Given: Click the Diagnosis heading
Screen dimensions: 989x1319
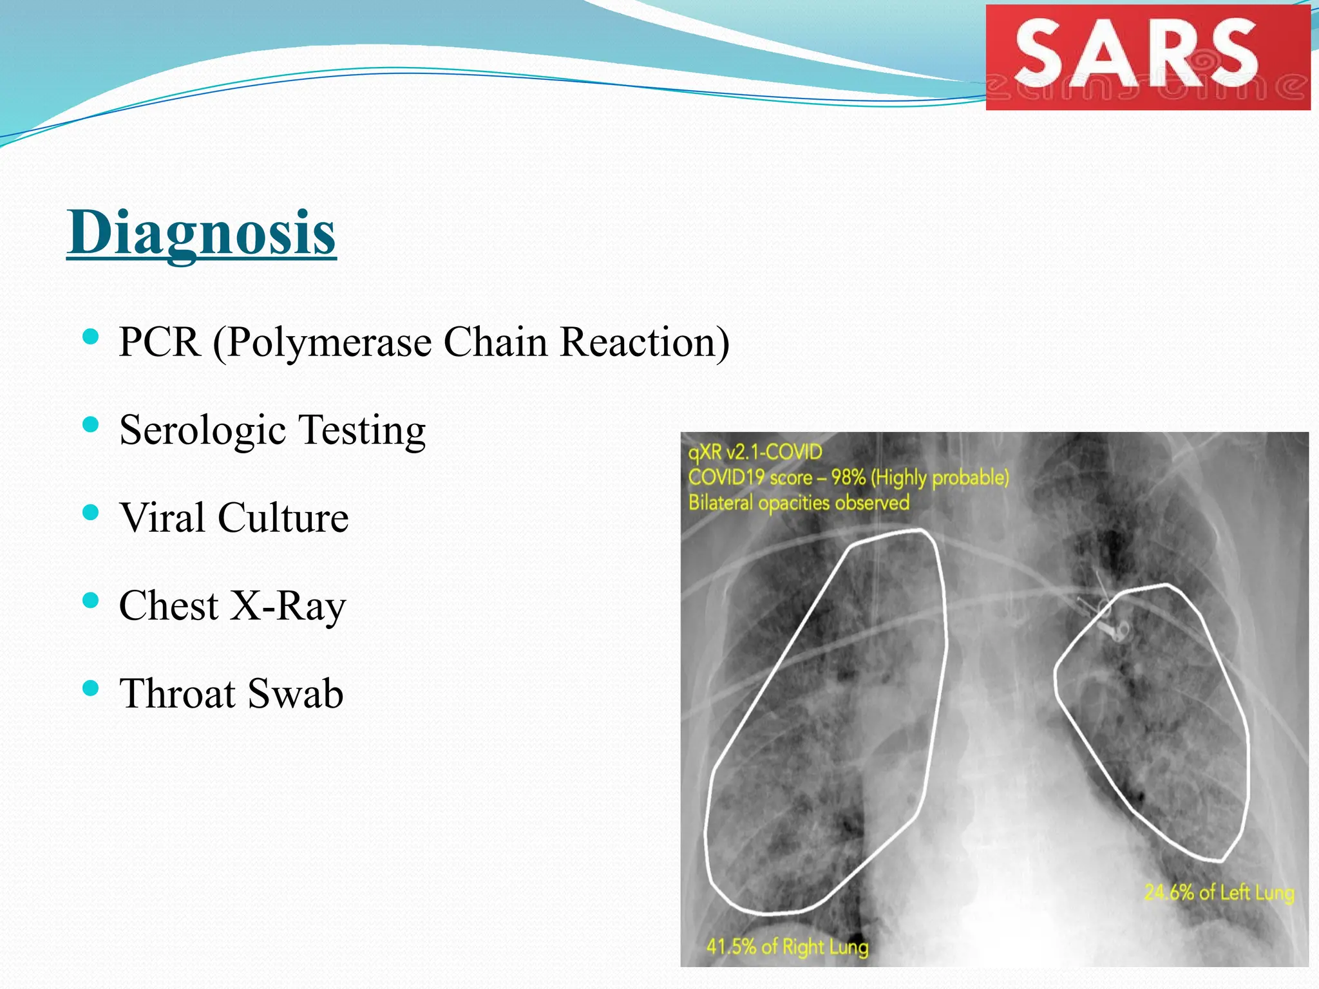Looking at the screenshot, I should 202,233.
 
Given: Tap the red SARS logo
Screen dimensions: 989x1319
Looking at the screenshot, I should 1148,57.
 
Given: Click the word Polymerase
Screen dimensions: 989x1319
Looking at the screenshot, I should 328,342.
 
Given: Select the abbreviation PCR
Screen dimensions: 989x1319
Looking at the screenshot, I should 159,342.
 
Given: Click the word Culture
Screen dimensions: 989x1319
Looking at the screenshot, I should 283,518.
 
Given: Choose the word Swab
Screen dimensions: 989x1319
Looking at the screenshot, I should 295,694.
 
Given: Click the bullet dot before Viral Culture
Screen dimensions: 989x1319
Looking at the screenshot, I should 91,513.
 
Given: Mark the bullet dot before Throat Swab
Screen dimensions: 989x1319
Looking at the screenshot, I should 91,689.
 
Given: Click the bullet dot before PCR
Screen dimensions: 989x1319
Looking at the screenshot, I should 91,336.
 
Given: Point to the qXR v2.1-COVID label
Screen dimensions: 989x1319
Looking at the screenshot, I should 755,452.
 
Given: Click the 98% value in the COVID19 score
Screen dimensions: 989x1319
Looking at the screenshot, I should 848,478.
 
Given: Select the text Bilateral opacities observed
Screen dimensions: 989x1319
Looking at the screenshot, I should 799,503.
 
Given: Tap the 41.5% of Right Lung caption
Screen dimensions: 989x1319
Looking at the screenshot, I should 787,947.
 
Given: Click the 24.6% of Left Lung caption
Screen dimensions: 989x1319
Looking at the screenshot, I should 1219,892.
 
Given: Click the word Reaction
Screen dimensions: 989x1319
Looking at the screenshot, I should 645,342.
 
